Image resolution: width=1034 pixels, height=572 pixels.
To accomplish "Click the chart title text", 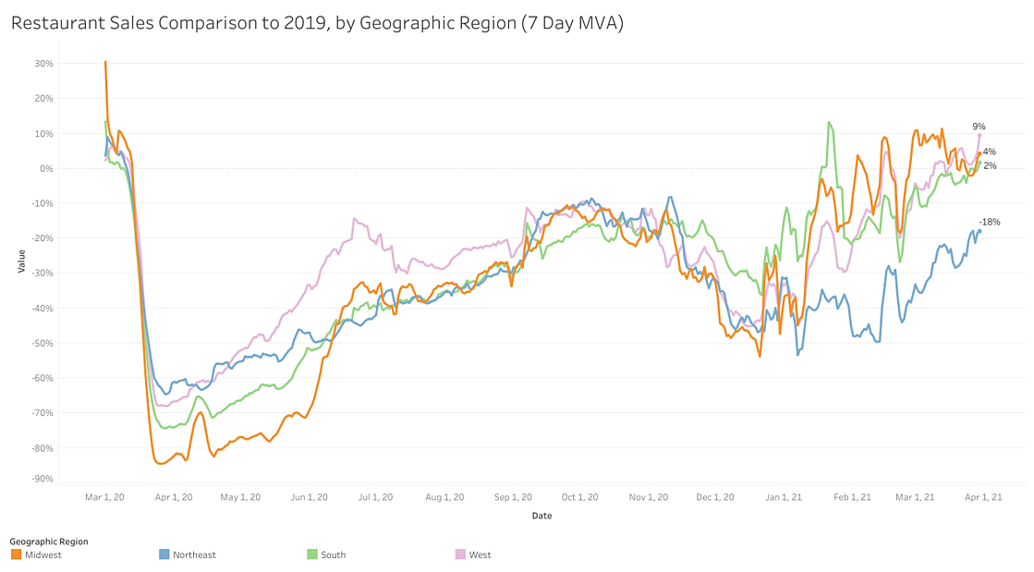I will (317, 23).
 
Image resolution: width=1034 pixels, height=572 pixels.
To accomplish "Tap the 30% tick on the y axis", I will (44, 64).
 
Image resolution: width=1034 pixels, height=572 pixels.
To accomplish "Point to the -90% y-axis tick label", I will (43, 479).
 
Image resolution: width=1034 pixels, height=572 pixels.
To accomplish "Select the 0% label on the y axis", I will (46, 168).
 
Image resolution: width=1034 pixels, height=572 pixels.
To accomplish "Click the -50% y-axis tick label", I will (43, 343).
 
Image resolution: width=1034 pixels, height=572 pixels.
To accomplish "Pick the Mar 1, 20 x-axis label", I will (106, 497).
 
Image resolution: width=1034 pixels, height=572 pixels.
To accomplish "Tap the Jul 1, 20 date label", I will (375, 497).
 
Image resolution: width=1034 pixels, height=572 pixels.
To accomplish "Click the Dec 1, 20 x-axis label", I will (715, 497).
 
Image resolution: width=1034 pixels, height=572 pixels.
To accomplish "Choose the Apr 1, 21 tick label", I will (984, 497).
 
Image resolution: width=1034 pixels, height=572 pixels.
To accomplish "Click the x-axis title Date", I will (541, 516).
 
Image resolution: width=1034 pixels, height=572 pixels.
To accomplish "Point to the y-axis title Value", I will (20, 262).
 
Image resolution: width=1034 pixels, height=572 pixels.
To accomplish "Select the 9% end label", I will (979, 127).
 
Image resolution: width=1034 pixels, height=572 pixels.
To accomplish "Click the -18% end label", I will (990, 222).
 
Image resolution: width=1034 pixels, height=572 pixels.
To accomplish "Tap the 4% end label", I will (989, 152).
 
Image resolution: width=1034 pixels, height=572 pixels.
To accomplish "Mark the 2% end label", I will (989, 165).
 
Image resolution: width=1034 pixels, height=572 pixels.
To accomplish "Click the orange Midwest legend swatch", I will (16, 554).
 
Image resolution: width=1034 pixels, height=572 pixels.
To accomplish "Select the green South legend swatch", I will (311, 554).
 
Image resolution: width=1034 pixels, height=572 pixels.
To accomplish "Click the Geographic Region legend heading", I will (49, 542).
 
